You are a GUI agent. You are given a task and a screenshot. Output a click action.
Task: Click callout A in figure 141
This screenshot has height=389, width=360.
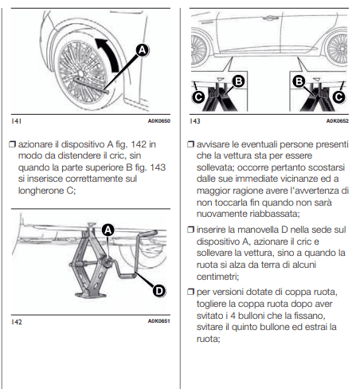[143, 50]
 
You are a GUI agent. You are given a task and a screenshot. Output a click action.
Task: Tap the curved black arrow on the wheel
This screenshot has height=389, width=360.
[109, 54]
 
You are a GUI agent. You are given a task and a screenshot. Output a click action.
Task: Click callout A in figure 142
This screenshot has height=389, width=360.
[108, 230]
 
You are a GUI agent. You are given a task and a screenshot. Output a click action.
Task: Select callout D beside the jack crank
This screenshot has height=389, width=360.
[159, 291]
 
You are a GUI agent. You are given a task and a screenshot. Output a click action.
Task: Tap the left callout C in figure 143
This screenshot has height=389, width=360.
[198, 96]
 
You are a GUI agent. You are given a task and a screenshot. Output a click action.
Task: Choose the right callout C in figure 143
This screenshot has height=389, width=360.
[339, 96]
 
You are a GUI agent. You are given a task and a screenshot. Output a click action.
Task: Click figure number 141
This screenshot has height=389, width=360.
[16, 121]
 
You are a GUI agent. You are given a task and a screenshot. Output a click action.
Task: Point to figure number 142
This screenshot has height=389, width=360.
[17, 322]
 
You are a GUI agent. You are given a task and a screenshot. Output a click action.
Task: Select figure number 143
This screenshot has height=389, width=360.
[195, 121]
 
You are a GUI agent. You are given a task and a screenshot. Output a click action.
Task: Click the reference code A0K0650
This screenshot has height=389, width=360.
[159, 121]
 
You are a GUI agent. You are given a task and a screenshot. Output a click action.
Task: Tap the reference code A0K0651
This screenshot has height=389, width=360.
[159, 321]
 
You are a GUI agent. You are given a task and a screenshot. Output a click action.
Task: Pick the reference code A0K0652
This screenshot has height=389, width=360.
[338, 121]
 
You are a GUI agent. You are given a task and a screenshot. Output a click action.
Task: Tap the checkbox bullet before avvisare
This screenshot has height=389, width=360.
[190, 144]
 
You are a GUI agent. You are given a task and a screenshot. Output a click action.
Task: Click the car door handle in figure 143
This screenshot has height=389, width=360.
[268, 18]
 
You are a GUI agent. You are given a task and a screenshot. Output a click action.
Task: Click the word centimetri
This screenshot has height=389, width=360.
[217, 277]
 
